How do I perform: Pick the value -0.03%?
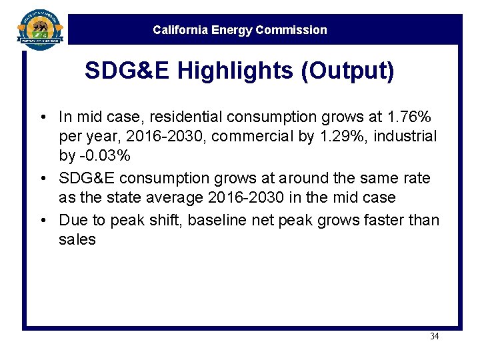point(103,155)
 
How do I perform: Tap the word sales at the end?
point(77,239)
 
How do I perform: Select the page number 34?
point(434,337)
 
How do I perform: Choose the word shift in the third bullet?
point(166,220)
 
